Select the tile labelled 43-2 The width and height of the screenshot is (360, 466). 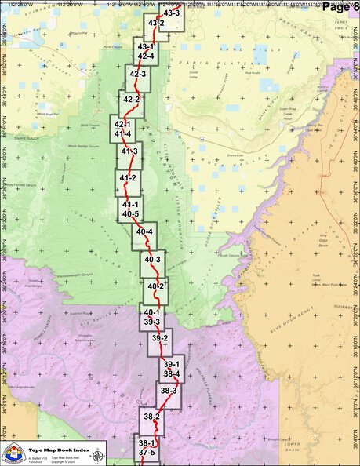point(155,24)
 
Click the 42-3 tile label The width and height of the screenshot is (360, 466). point(138,75)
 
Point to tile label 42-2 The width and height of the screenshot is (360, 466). point(131,100)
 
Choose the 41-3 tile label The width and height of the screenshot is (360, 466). point(129,151)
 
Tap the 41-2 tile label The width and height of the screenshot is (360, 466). point(127,179)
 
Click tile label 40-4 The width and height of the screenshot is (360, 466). point(144,232)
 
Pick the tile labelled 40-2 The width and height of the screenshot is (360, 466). point(155,286)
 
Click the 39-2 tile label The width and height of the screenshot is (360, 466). point(160,338)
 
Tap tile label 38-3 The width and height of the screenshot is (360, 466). point(168,390)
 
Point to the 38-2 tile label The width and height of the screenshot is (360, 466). point(151,416)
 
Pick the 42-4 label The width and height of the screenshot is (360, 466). point(145,56)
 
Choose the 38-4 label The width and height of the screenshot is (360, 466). point(171,373)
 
